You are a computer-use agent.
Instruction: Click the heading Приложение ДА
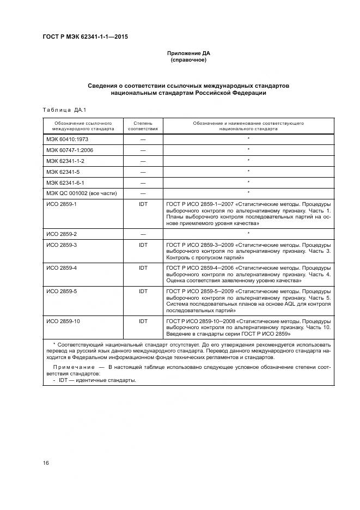pos(188,53)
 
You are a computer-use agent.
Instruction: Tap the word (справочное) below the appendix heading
pos(188,60)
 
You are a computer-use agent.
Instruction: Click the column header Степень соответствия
pos(143,126)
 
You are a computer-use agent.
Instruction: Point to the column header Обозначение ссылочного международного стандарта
pos(83,126)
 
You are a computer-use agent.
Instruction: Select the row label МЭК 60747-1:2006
pos(70,150)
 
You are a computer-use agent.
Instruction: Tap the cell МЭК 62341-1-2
pos(65,161)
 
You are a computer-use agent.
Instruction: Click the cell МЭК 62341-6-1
pos(65,182)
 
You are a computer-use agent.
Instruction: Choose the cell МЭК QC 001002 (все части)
pos(78,193)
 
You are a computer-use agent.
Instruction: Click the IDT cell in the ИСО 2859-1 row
pos(143,204)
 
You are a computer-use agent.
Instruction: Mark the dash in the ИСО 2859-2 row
pos(143,234)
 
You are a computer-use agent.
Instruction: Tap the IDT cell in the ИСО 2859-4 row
pos(143,268)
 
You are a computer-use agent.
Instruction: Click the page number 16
pos(46,463)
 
